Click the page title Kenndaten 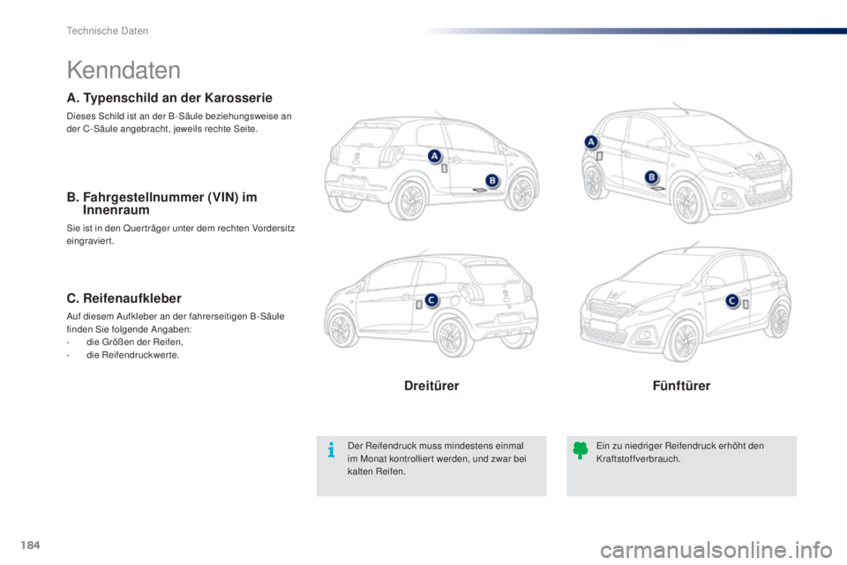click(x=124, y=71)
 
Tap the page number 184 click(x=30, y=545)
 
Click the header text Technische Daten click(x=107, y=31)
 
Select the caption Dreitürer click(x=431, y=386)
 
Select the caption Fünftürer click(x=681, y=386)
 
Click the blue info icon click(x=331, y=450)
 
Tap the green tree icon click(x=581, y=450)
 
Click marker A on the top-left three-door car click(x=435, y=156)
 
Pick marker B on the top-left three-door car click(x=492, y=181)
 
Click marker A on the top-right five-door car click(x=591, y=142)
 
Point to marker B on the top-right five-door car click(x=651, y=177)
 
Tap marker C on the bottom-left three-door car click(x=431, y=300)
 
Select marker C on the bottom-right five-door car click(x=732, y=301)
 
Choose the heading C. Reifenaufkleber click(x=124, y=298)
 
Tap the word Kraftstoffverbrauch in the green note click(x=638, y=459)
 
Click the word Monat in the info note click(x=372, y=459)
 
